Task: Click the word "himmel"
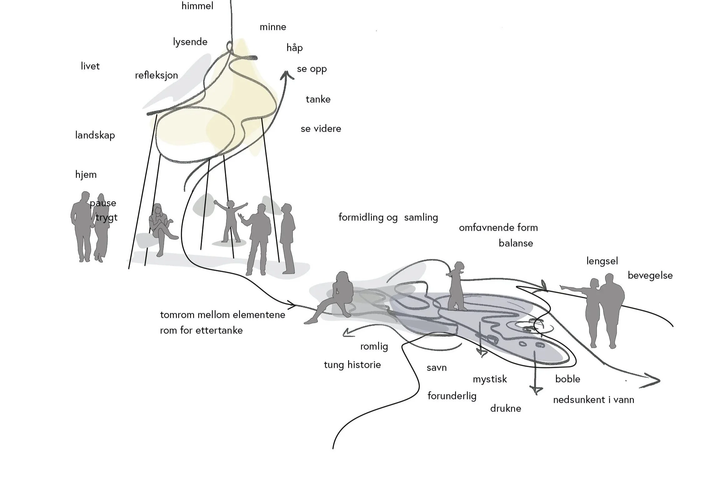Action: (x=197, y=6)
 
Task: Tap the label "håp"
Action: (x=294, y=48)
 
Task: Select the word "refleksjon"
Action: (x=156, y=75)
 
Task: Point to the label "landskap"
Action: (x=95, y=135)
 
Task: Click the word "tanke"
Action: (x=318, y=99)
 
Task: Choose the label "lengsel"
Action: (x=602, y=261)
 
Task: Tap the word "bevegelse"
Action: (x=650, y=275)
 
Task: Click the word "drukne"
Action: (x=505, y=408)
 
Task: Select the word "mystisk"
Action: (x=490, y=379)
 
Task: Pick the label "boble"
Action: (x=568, y=379)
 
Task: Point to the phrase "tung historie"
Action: (x=352, y=365)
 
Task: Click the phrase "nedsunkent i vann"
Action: (x=593, y=400)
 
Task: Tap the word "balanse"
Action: (x=516, y=243)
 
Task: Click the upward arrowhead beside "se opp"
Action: (x=286, y=75)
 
